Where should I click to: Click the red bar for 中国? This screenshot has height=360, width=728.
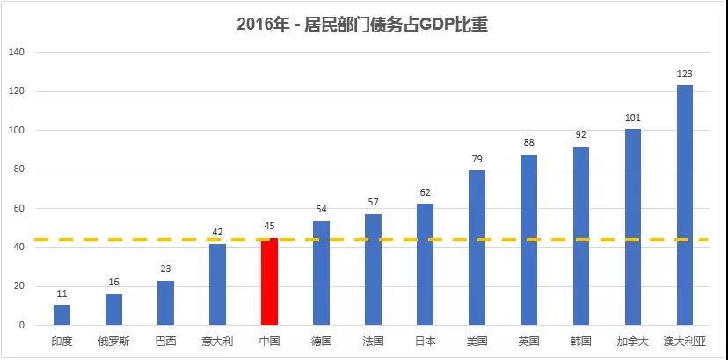click(x=269, y=282)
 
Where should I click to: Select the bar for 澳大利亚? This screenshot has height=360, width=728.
click(x=685, y=205)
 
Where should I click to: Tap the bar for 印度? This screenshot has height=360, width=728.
click(x=62, y=315)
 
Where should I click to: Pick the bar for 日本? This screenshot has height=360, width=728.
click(x=425, y=264)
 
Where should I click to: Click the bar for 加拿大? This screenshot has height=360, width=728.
click(x=633, y=227)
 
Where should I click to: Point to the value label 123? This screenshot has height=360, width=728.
click(x=685, y=75)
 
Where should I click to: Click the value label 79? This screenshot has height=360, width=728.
click(x=477, y=160)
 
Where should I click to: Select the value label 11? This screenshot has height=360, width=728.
click(x=62, y=294)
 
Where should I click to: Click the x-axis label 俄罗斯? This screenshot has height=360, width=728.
click(x=113, y=341)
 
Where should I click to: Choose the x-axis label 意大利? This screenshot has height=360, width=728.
click(x=217, y=341)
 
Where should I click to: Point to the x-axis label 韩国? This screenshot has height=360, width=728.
click(x=581, y=341)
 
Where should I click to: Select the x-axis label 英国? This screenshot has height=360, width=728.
click(x=528, y=341)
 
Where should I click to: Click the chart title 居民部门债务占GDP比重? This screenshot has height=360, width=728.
click(x=362, y=25)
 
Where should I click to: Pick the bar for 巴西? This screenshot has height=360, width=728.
click(x=165, y=303)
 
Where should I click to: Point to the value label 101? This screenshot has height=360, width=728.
click(x=633, y=118)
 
